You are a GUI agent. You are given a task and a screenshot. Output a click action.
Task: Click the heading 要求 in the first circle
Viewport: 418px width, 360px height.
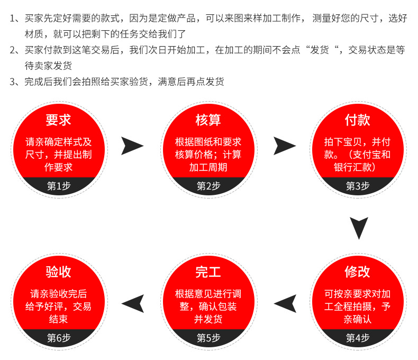click(59, 120)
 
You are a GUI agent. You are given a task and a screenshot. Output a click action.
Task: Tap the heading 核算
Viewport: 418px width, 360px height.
click(208, 120)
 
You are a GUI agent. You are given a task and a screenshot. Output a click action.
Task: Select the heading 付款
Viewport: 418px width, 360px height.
click(358, 120)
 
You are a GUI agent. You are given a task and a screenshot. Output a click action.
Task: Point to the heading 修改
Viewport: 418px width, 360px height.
click(358, 272)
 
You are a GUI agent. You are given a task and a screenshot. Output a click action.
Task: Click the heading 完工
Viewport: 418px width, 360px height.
click(208, 272)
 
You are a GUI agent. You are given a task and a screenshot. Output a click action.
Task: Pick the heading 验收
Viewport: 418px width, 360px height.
click(59, 272)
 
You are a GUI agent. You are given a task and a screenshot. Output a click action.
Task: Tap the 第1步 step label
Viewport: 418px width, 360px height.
click(59, 186)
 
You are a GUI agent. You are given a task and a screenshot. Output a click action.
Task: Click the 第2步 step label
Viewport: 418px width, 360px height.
click(208, 186)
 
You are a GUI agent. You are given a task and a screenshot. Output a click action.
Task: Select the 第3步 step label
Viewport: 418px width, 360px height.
click(358, 186)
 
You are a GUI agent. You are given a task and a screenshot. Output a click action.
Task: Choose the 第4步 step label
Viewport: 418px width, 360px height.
click(358, 338)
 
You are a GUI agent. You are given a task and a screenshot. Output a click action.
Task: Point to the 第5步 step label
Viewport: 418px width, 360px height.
click(208, 338)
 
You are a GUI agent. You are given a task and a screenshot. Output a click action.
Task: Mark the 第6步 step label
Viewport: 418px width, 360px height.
click(59, 338)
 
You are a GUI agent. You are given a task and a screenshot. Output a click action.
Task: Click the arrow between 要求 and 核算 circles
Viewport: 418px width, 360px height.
click(132, 146)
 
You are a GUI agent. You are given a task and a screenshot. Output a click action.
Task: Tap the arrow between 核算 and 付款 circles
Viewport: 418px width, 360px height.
click(284, 146)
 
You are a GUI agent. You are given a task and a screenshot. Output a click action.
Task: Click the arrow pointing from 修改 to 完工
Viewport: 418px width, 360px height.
click(285, 303)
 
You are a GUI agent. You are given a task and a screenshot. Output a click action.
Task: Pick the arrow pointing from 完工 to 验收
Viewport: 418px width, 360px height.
click(133, 303)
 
